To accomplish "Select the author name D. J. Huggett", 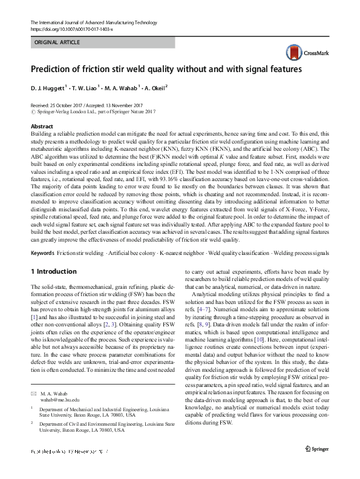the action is tap(50, 87).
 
